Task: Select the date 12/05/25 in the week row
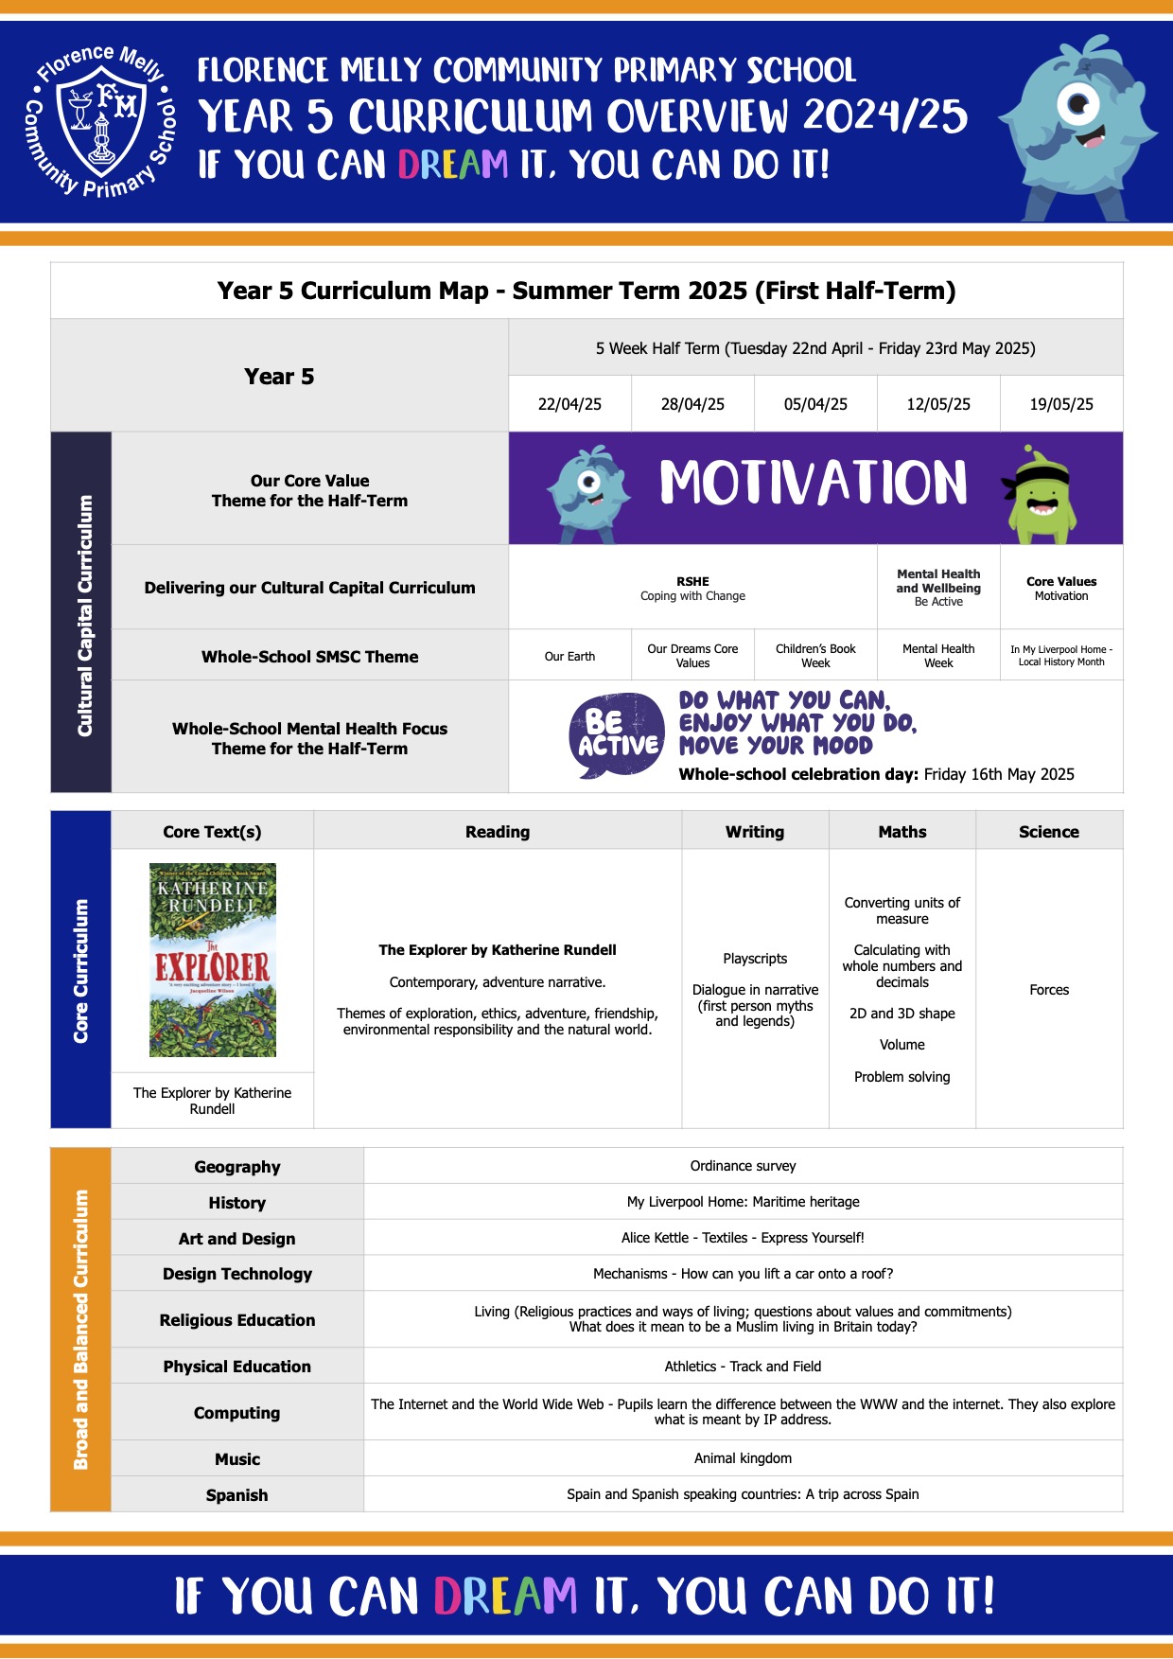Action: pyautogui.click(x=938, y=404)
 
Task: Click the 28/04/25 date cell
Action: pyautogui.click(x=692, y=404)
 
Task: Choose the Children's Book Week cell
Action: pyautogui.click(x=815, y=656)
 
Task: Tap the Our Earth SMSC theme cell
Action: pyautogui.click(x=569, y=657)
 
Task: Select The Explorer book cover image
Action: pyautogui.click(x=213, y=960)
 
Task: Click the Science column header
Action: pyautogui.click(x=1048, y=832)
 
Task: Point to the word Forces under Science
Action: pyautogui.click(x=1049, y=990)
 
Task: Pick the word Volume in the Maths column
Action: pyautogui.click(x=902, y=1045)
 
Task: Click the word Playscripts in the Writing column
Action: pyautogui.click(x=755, y=959)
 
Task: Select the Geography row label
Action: pyautogui.click(x=237, y=1167)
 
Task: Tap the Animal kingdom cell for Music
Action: pyautogui.click(x=743, y=1458)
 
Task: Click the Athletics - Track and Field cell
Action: pyautogui.click(x=743, y=1367)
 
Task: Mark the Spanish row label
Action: pyautogui.click(x=236, y=1495)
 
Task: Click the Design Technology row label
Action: pyautogui.click(x=237, y=1274)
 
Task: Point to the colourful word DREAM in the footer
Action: pyautogui.click(x=505, y=1596)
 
